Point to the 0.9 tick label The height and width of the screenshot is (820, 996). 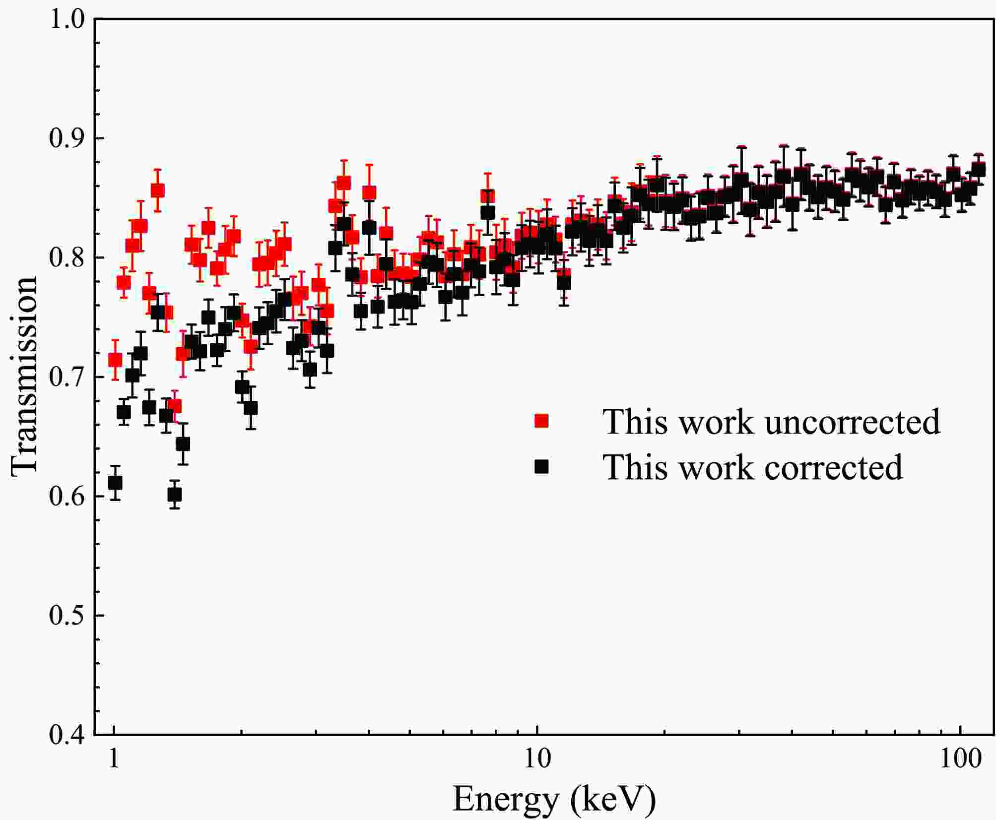point(67,139)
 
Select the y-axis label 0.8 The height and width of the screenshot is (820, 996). point(67,258)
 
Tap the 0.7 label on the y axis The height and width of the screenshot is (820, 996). point(67,378)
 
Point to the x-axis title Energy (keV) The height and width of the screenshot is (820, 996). point(554,798)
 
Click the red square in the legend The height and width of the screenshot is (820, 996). point(541,421)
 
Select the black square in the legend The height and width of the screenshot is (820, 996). point(541,466)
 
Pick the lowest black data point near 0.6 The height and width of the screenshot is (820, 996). point(174,495)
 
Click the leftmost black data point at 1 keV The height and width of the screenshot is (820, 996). point(115,483)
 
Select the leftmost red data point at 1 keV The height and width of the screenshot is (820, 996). point(115,360)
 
